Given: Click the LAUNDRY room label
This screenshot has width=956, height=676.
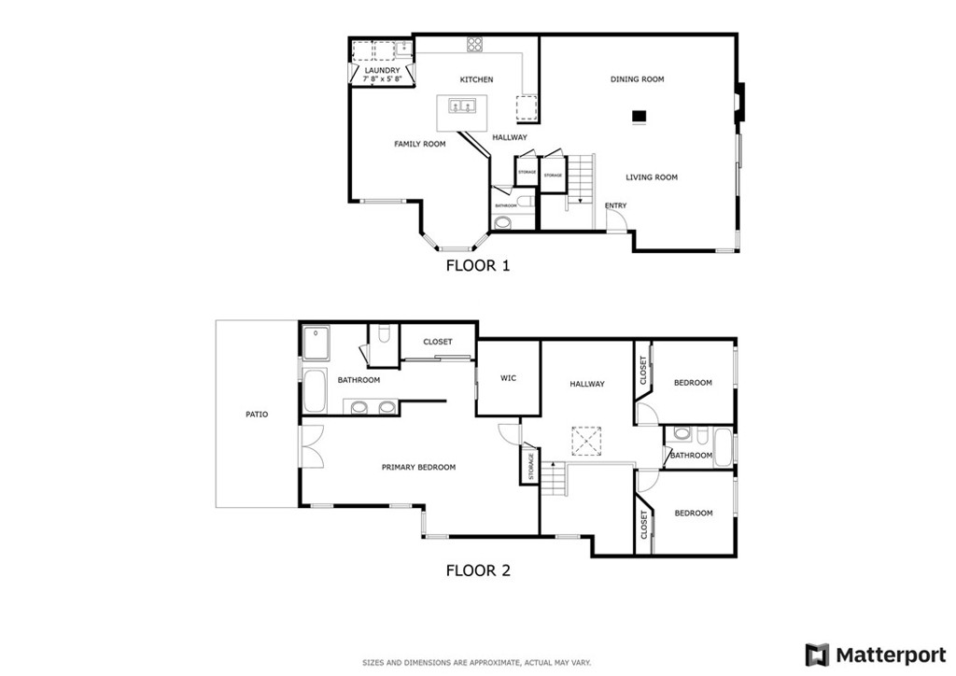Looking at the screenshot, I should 382,70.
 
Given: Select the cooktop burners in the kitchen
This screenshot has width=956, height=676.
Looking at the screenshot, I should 475,43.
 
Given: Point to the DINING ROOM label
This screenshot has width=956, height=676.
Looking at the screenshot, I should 637,79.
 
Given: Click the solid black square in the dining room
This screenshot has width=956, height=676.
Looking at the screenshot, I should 640,117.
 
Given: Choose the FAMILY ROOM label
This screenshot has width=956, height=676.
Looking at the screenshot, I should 419,144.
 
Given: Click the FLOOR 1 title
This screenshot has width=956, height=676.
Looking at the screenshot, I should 477,265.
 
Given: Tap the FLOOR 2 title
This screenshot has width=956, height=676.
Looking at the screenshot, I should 477,570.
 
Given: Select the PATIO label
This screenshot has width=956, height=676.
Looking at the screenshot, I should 257,414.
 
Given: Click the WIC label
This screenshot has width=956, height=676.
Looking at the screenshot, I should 508,378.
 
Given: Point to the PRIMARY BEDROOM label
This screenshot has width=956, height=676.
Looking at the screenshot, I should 418,467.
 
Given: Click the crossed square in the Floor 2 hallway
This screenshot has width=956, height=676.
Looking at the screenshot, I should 585,439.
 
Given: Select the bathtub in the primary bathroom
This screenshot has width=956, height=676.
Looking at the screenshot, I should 315,391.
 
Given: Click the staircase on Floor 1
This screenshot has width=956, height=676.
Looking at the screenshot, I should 581,177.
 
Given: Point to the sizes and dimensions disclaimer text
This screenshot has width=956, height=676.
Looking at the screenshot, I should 477,663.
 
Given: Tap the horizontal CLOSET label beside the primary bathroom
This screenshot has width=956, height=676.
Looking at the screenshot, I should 437,342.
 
